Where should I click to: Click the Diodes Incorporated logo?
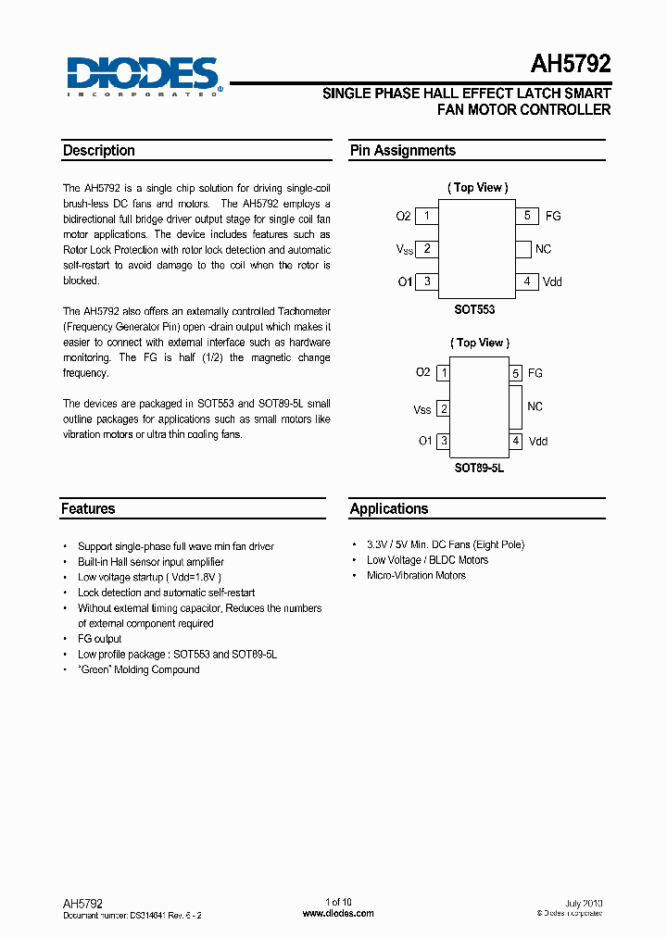pyautogui.click(x=142, y=76)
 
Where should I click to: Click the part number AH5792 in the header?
pyautogui.click(x=570, y=64)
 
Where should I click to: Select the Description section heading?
pyautogui.click(x=98, y=151)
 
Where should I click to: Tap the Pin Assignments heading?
pyautogui.click(x=402, y=151)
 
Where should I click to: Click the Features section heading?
pyautogui.click(x=88, y=509)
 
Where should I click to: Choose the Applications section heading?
pyautogui.click(x=389, y=509)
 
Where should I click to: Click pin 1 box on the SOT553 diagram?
pyautogui.click(x=426, y=216)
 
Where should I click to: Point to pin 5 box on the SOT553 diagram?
pyautogui.click(x=526, y=216)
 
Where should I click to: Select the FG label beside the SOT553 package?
pyautogui.click(x=553, y=217)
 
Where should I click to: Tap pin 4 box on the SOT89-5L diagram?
pyautogui.click(x=516, y=441)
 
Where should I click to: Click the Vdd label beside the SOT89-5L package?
pyautogui.click(x=538, y=442)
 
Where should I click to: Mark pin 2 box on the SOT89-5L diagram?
pyautogui.click(x=444, y=408)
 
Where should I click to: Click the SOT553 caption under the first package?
pyautogui.click(x=474, y=311)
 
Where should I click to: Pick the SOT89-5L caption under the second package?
pyautogui.click(x=479, y=468)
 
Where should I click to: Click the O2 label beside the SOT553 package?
pyautogui.click(x=403, y=217)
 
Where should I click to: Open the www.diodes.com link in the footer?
pyautogui.click(x=338, y=913)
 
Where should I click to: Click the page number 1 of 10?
pyautogui.click(x=338, y=902)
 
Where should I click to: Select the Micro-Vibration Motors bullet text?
pyautogui.click(x=416, y=576)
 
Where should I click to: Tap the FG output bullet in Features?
pyautogui.click(x=99, y=639)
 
